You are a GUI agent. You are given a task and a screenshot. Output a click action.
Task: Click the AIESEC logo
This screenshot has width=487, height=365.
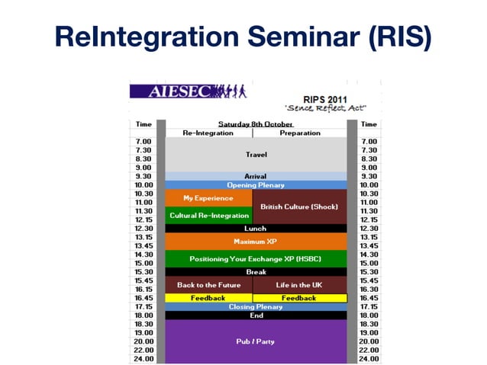[188, 92]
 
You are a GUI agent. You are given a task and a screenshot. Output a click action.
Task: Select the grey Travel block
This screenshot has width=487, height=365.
[256, 154]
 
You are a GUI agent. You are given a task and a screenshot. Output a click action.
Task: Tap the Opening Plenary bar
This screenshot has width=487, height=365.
[256, 185]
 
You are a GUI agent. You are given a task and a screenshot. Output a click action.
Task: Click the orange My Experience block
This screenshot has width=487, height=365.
[208, 198]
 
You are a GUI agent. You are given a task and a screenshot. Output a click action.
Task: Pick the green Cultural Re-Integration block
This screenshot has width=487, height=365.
[208, 216]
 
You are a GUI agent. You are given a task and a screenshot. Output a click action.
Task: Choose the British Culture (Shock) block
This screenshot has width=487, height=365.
[299, 207]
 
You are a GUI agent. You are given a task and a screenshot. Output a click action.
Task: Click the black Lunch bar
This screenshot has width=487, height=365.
[256, 228]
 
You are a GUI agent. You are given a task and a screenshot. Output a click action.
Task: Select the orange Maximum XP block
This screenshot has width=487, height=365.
[256, 242]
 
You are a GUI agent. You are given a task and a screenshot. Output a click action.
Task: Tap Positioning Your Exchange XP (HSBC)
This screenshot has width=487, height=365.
[256, 259]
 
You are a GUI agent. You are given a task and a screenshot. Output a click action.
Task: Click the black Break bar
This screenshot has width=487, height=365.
[256, 272]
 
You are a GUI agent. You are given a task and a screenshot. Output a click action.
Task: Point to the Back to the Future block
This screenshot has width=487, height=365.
[208, 285]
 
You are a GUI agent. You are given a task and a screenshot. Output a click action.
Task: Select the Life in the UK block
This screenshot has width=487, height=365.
[299, 285]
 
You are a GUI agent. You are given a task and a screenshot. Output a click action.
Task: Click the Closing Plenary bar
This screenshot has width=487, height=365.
[256, 307]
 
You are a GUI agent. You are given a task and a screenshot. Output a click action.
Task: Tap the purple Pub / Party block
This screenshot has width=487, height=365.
[256, 341]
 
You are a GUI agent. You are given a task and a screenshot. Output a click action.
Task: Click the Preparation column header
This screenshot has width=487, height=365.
[299, 133]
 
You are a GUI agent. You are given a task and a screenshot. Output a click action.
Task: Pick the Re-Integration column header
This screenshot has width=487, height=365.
[208, 133]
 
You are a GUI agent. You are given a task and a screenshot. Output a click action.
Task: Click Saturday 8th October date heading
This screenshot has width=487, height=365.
[256, 123]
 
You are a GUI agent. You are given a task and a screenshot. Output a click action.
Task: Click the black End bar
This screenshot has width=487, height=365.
[256, 315]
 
